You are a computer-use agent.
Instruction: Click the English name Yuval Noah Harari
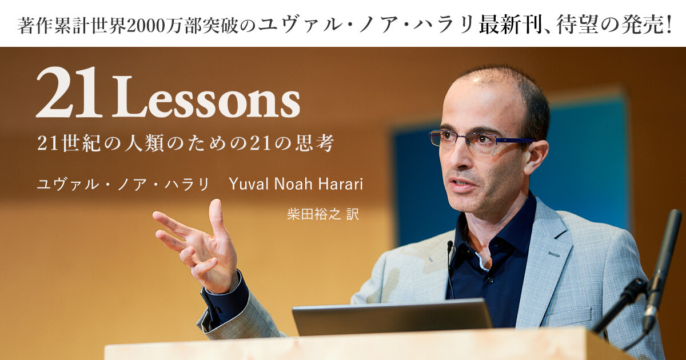click(296, 185)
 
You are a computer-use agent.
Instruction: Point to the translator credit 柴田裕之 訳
click(322, 215)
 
